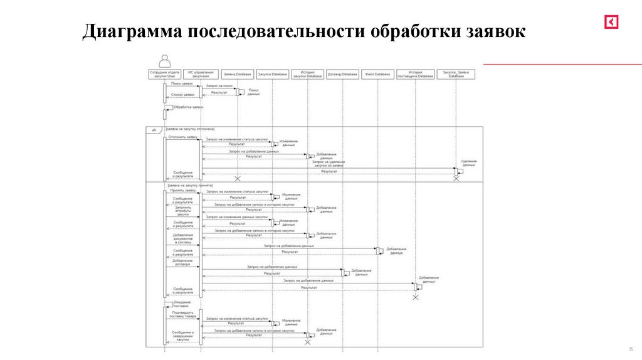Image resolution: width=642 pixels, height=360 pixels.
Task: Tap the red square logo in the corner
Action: pyautogui.click(x=611, y=22)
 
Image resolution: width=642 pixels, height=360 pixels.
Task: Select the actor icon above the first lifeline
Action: pyautogui.click(x=165, y=61)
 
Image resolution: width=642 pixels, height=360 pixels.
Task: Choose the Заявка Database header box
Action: pyautogui.click(x=238, y=75)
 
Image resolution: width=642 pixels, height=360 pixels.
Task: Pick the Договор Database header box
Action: pyautogui.click(x=342, y=75)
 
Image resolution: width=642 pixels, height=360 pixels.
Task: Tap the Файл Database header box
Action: pyautogui.click(x=378, y=75)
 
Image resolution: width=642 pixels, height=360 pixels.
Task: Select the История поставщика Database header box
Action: pyautogui.click(x=415, y=75)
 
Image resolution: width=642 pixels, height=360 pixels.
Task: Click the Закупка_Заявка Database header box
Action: pyautogui.click(x=456, y=75)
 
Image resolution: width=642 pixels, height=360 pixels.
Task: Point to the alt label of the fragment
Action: pyautogui.click(x=153, y=130)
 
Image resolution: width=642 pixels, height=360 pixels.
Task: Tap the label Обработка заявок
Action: pyautogui.click(x=189, y=107)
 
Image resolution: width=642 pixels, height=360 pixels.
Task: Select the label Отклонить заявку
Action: pyautogui.click(x=182, y=136)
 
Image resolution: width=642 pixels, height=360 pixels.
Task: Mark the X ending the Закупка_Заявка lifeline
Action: pyautogui.click(x=456, y=179)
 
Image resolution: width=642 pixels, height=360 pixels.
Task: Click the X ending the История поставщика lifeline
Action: pyautogui.click(x=415, y=297)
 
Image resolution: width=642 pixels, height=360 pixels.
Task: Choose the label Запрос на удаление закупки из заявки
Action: pyautogui.click(x=329, y=164)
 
